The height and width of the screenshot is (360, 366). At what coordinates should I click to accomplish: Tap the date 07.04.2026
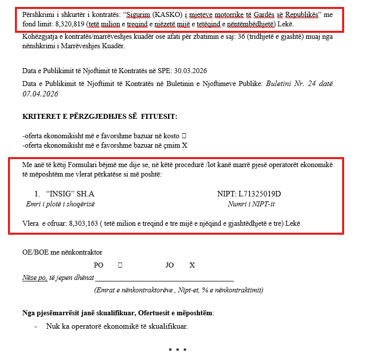coord(41,93)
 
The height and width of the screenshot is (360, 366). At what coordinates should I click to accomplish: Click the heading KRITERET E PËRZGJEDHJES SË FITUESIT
coord(99,116)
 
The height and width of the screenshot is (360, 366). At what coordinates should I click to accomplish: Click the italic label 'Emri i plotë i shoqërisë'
coord(60,204)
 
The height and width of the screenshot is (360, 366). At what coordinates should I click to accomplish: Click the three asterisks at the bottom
coord(178,350)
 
